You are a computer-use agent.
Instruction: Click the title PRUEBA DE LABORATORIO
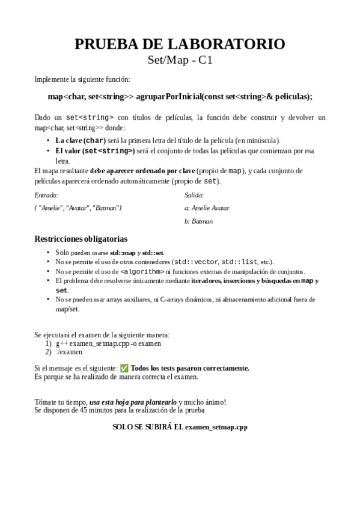click(180, 44)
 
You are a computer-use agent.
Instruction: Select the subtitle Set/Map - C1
click(180, 60)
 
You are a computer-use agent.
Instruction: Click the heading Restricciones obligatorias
click(81, 239)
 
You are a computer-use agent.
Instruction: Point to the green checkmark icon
click(124, 368)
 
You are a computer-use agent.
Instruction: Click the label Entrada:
click(46, 195)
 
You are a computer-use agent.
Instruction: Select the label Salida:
click(194, 195)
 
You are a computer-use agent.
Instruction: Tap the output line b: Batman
click(198, 221)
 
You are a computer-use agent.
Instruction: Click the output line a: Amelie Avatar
click(207, 208)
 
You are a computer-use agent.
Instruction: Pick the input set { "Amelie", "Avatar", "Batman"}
click(78, 208)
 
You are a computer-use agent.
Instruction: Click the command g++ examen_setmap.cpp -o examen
click(108, 343)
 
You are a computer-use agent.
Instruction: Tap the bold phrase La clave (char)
click(81, 140)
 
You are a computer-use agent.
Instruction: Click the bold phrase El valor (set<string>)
click(95, 150)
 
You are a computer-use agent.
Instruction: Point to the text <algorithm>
click(143, 271)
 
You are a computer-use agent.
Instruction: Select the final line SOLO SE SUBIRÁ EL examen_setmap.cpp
click(180, 427)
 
